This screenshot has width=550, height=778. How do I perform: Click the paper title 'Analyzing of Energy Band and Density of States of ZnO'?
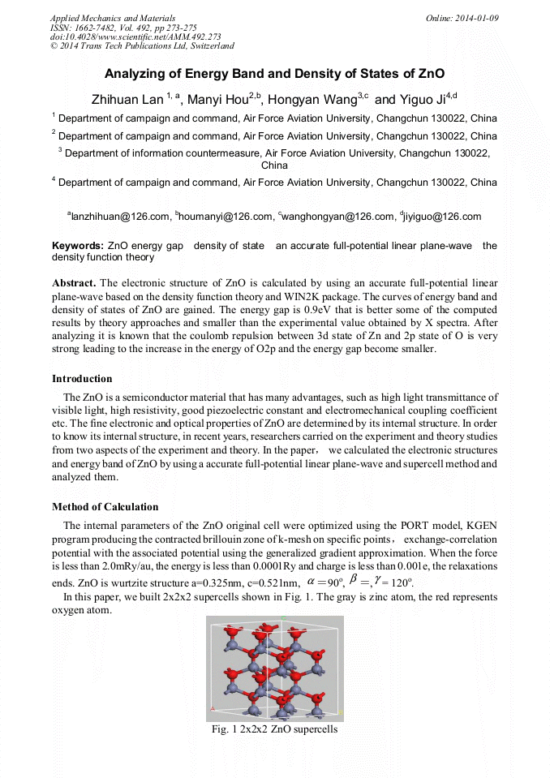point(274,74)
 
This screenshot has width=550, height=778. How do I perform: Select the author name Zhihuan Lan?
point(127,100)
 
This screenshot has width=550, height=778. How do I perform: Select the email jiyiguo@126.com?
point(442,217)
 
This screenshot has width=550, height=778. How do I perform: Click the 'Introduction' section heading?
point(82,379)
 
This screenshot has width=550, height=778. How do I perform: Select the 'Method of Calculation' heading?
point(105,507)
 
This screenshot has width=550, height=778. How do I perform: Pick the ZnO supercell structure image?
point(274,668)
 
